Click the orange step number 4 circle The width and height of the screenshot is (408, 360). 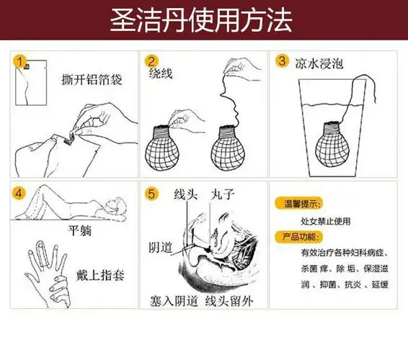[x=22, y=193]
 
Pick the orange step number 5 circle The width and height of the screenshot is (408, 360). [x=152, y=193]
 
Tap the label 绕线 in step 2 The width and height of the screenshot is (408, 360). [x=159, y=74]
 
